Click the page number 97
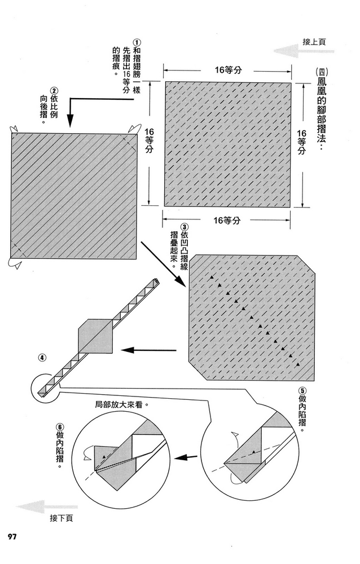click(x=12, y=536)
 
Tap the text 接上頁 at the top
click(x=314, y=42)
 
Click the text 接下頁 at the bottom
click(x=62, y=518)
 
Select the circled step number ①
click(x=137, y=42)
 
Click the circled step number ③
click(x=184, y=227)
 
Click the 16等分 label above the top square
click(x=228, y=70)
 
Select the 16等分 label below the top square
click(x=226, y=220)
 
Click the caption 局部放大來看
click(x=122, y=404)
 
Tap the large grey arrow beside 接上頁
click(x=304, y=51)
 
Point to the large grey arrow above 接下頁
click(x=47, y=507)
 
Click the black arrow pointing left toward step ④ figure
click(x=148, y=350)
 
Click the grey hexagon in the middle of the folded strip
click(x=96, y=336)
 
